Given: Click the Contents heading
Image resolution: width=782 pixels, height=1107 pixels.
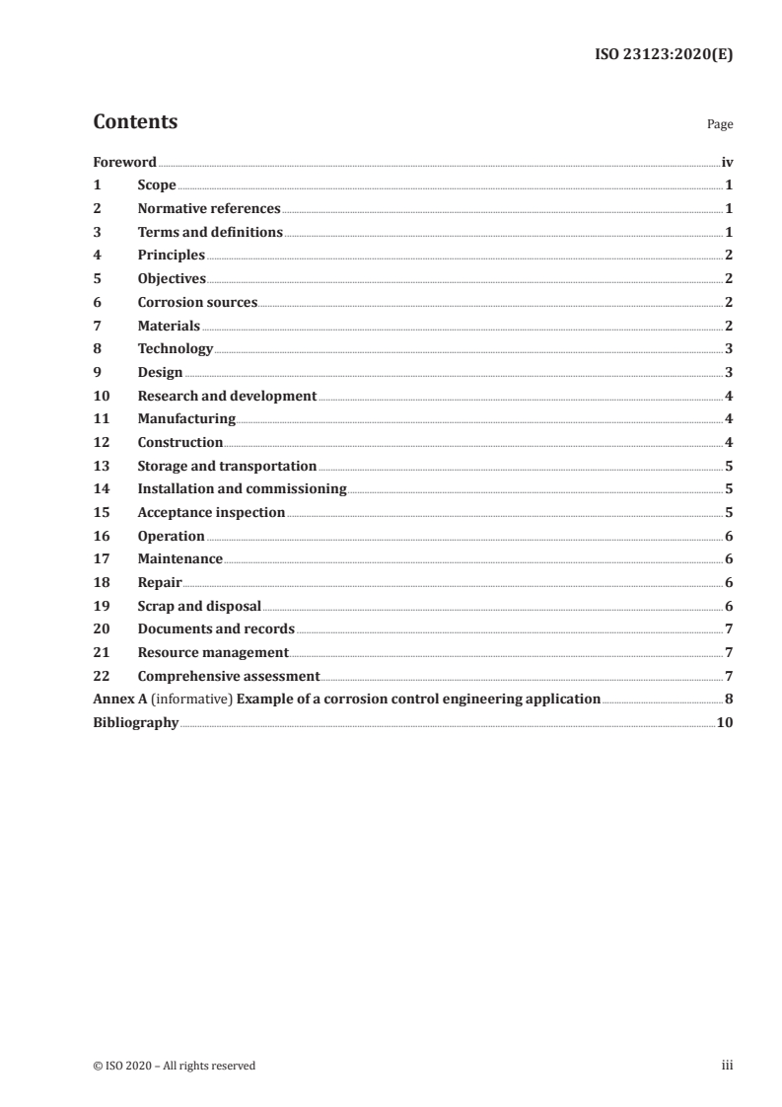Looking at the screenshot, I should [x=135, y=122].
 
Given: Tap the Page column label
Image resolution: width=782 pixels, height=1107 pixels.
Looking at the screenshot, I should [x=720, y=125].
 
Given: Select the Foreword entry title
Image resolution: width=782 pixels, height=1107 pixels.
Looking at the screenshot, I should [x=124, y=162].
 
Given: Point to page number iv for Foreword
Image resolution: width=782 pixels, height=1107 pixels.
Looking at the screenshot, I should [x=727, y=162].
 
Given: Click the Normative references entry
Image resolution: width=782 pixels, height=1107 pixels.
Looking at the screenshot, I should [x=209, y=209].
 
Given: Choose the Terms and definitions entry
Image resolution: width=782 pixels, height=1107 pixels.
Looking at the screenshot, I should [x=210, y=232].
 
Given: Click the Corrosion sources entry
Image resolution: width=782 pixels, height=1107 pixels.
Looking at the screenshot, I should [x=197, y=302].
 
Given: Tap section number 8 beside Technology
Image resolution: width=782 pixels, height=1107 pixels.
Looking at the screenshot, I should [x=97, y=349].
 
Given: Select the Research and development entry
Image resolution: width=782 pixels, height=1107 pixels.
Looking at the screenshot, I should [x=227, y=396].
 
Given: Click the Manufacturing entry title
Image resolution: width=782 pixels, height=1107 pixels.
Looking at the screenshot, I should [x=186, y=419].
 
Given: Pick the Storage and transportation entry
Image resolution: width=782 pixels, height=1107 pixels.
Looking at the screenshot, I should [x=227, y=466].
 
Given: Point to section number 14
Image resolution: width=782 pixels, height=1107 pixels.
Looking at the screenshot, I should [x=100, y=489].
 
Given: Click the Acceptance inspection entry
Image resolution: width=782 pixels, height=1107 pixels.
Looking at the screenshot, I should [x=211, y=513].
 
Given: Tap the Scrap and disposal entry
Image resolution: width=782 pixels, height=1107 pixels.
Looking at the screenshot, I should [x=199, y=606].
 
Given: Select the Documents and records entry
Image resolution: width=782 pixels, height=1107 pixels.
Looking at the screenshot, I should [x=216, y=629].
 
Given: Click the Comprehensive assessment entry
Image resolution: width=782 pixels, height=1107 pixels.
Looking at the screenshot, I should [x=229, y=676].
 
